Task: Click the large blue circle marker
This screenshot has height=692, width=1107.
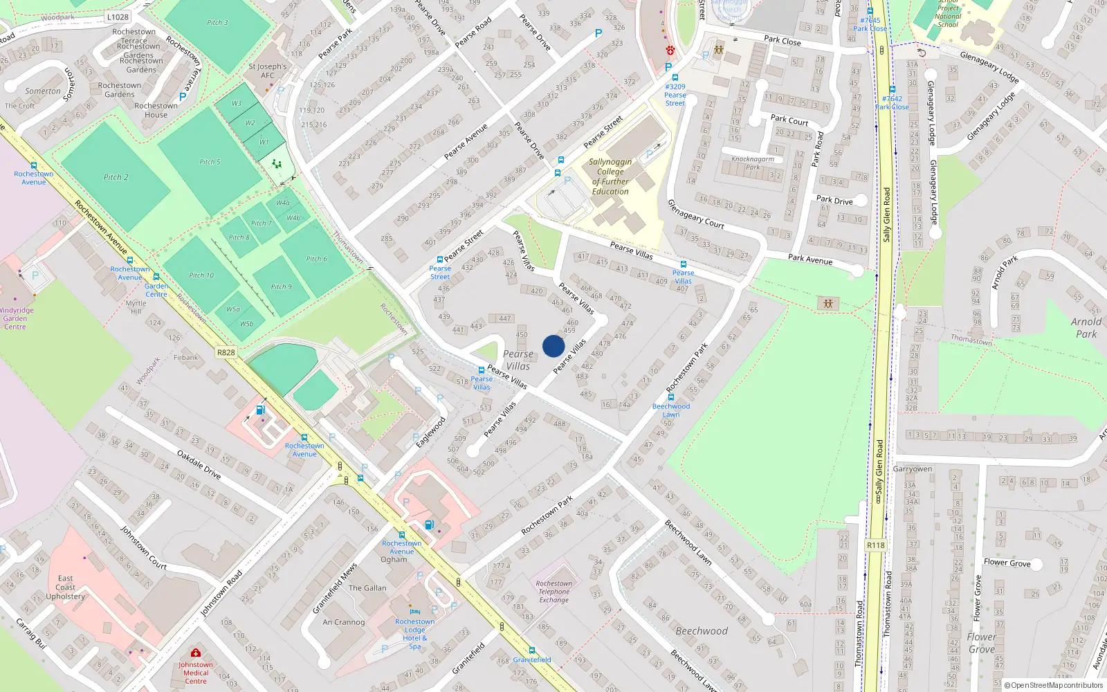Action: [553, 346]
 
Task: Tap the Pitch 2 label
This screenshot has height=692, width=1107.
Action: [116, 177]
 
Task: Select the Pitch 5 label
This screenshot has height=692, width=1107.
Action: [210, 162]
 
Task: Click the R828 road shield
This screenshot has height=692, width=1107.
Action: [226, 352]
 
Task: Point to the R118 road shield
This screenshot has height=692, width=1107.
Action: [875, 545]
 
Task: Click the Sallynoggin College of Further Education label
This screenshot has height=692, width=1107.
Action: [610, 176]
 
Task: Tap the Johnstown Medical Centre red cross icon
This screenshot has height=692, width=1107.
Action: [196, 653]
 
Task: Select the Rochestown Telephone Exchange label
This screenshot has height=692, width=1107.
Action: [553, 592]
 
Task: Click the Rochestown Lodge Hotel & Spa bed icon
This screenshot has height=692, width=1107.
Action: [414, 612]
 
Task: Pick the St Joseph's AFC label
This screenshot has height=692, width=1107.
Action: [267, 71]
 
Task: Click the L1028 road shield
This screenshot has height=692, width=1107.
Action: [118, 17]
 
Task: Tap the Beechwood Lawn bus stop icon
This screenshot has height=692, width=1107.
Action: [670, 397]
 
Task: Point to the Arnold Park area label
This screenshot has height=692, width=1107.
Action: [1086, 327]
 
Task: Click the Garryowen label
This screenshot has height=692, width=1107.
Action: [912, 468]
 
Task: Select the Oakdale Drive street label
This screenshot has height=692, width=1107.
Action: [199, 464]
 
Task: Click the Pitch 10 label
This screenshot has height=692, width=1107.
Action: [201, 275]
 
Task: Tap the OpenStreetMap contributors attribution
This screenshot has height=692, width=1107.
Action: [1053, 685]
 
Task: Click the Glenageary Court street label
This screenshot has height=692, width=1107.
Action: [695, 214]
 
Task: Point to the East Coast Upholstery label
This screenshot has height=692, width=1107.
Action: [65, 587]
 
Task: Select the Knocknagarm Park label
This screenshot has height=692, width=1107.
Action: [753, 163]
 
